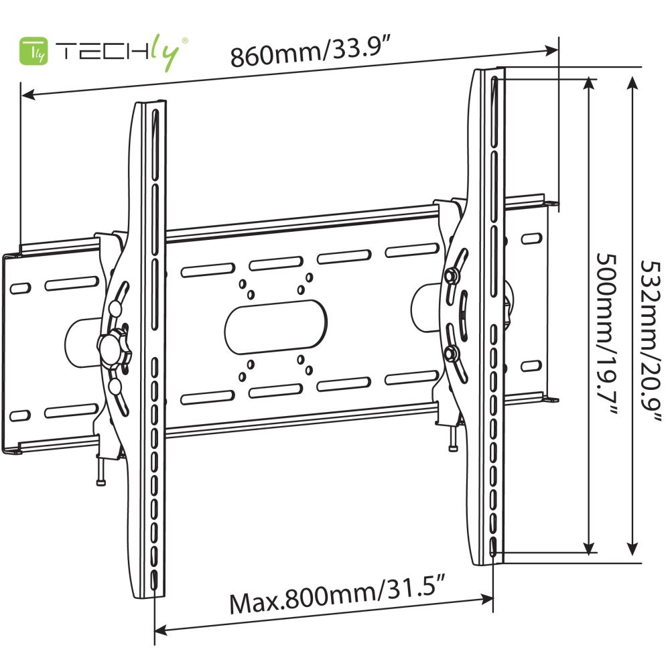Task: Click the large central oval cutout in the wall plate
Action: (275, 326)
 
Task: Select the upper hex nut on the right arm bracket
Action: (451, 275)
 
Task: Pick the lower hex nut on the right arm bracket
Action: (451, 352)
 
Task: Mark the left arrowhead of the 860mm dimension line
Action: (27, 94)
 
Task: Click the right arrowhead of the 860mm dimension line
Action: (553, 49)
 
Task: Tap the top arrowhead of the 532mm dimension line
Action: (632, 82)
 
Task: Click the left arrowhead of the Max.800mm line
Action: (161, 630)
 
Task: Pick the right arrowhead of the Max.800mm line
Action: (487, 598)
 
